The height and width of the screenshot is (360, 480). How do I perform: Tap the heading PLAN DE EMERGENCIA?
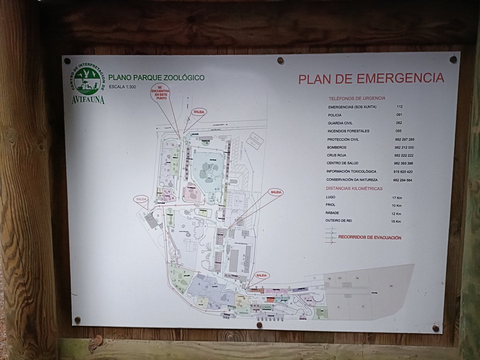(371, 79)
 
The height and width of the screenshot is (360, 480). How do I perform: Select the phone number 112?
(399, 107)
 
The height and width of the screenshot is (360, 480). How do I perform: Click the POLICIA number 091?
(399, 115)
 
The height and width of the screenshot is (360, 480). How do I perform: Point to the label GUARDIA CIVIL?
(340, 123)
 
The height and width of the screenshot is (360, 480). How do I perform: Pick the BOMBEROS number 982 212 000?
(404, 147)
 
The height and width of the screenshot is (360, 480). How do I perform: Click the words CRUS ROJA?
(336, 155)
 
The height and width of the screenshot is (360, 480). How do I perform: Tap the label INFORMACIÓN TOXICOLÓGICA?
(351, 171)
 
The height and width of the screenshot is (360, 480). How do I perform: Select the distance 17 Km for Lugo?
(397, 198)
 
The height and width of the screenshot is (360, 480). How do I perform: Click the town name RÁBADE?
(332, 213)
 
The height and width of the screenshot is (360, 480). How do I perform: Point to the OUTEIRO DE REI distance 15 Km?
(396, 222)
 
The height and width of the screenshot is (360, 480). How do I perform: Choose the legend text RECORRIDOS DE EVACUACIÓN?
(370, 237)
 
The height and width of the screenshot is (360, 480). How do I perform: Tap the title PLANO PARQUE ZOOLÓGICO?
(156, 78)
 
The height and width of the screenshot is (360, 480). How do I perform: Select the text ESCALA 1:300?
(122, 87)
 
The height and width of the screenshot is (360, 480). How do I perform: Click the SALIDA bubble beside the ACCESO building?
(141, 199)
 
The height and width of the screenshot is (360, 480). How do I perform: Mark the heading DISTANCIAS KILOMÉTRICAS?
(354, 188)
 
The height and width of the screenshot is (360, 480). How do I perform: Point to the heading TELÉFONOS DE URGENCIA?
(357, 98)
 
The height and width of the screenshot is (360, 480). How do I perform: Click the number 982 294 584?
(402, 180)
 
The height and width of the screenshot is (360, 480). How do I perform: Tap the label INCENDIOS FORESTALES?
(348, 131)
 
